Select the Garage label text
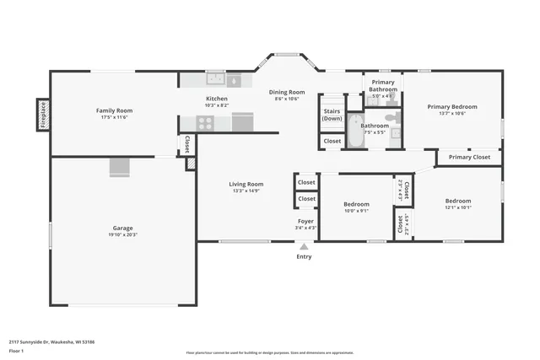coord(123,228)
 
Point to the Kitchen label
coord(217,99)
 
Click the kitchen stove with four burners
coord(205,123)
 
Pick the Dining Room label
coord(287,92)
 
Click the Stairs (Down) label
coord(332,114)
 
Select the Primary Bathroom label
coord(383,85)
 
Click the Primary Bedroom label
coord(451,107)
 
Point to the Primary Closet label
coord(469,157)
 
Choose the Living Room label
coord(246,184)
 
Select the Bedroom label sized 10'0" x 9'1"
coord(356,204)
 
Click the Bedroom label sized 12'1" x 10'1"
coord(458,201)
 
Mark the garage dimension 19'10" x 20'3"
coord(123,235)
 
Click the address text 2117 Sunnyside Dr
coord(51,342)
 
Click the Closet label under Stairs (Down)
coord(332,141)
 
